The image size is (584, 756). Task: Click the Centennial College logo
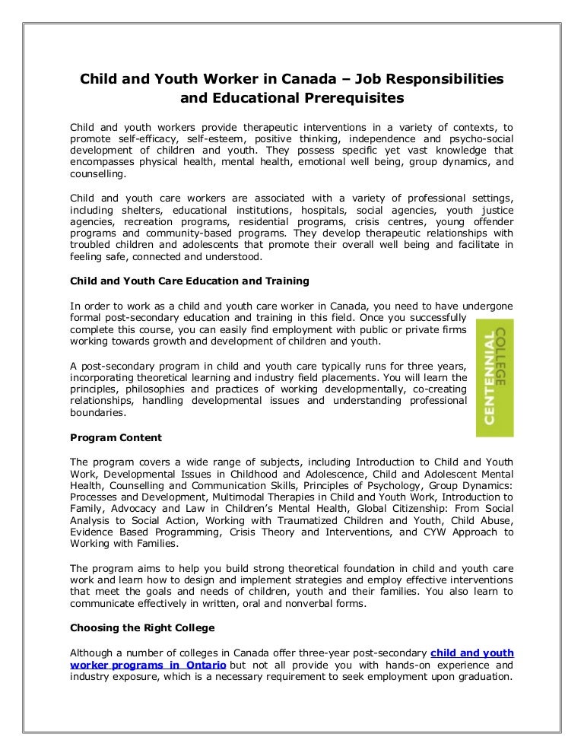pos(494,377)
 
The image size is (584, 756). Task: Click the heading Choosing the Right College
pos(142,628)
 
